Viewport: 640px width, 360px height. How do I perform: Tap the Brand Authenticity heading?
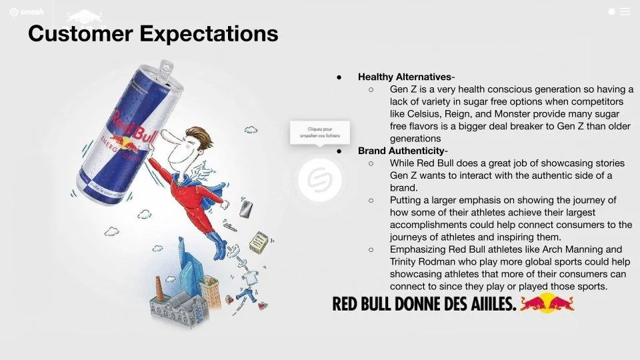[401, 151]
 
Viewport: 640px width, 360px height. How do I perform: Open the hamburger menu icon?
[625, 11]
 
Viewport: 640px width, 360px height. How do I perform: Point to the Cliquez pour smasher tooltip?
[320, 132]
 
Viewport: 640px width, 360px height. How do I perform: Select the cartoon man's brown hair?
[194, 138]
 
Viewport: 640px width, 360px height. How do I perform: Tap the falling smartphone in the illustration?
[246, 209]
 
